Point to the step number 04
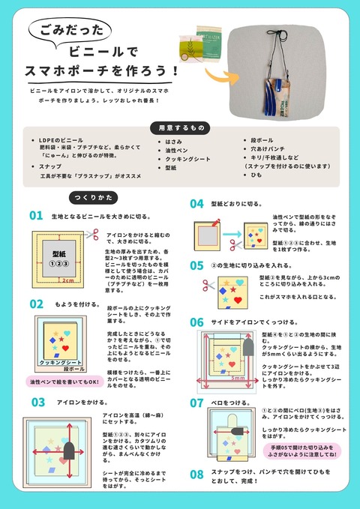point(196,204)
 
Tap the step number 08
point(196,474)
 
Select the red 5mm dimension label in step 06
point(238,379)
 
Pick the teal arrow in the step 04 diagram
point(228,243)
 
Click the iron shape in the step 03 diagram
point(67,450)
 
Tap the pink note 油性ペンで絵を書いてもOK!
point(65,382)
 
